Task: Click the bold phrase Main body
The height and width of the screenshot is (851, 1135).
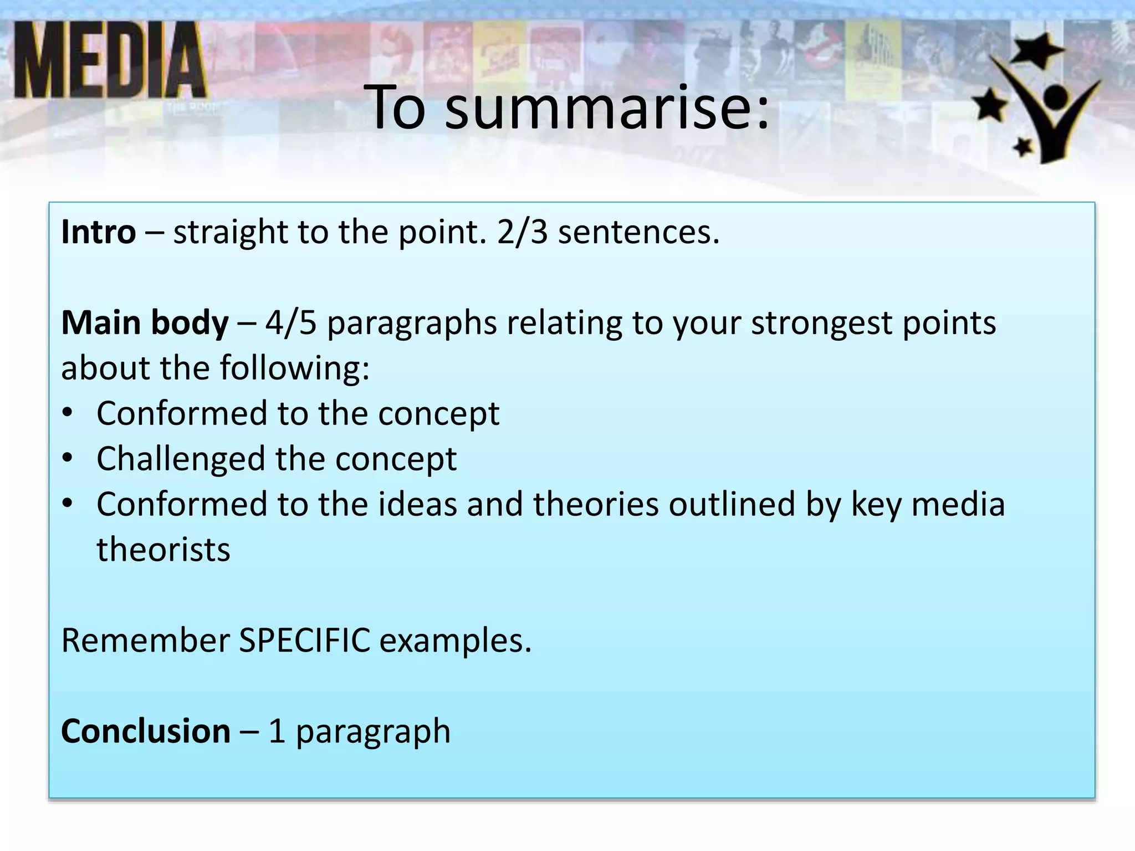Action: (x=145, y=322)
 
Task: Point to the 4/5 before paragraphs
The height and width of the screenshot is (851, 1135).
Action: (x=291, y=322)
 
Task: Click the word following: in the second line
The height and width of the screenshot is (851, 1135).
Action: (x=294, y=368)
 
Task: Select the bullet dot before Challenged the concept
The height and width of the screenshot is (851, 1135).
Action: (x=68, y=458)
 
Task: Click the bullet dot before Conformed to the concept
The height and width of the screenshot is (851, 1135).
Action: (x=68, y=413)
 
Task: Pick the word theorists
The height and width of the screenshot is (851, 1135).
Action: (x=163, y=550)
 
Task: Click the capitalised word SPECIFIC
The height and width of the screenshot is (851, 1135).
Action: (x=304, y=640)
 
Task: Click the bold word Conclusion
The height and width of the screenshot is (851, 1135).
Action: (x=146, y=731)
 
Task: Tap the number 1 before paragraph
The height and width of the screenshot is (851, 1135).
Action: (x=277, y=731)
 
